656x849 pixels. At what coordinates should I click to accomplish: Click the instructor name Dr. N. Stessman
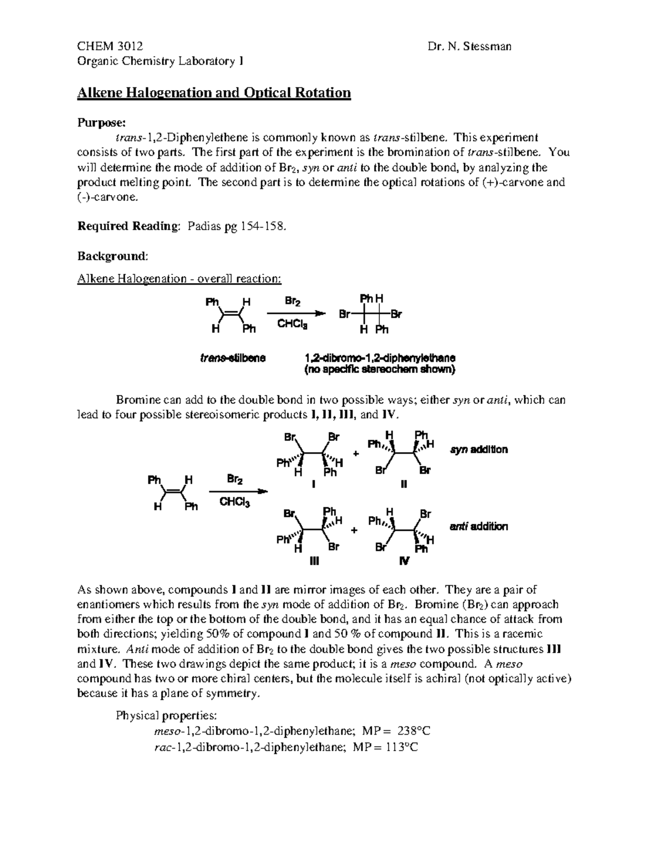point(470,46)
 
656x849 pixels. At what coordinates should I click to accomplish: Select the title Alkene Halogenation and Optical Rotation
point(214,92)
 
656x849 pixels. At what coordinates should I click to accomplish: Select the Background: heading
point(112,256)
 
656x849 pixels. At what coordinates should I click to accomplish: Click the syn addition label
point(479,449)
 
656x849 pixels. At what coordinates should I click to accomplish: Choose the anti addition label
point(479,526)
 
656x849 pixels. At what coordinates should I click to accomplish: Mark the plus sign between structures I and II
point(356,454)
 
